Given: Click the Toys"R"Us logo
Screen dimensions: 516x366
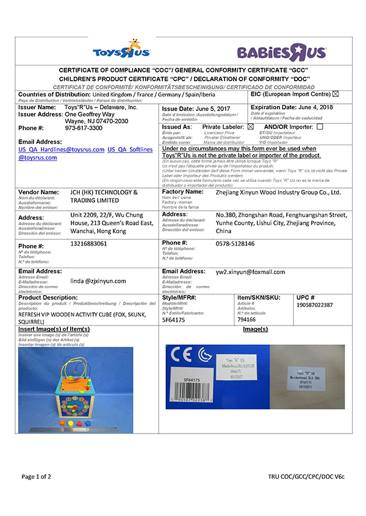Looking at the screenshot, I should (x=120, y=48).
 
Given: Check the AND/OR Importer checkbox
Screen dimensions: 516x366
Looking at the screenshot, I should (x=320, y=126).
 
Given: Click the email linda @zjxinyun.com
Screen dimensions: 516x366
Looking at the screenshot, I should (x=98, y=281).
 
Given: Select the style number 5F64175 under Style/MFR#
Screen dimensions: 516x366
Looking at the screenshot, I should (x=174, y=319).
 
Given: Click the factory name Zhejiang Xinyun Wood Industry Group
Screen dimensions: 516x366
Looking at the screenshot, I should (x=279, y=192).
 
